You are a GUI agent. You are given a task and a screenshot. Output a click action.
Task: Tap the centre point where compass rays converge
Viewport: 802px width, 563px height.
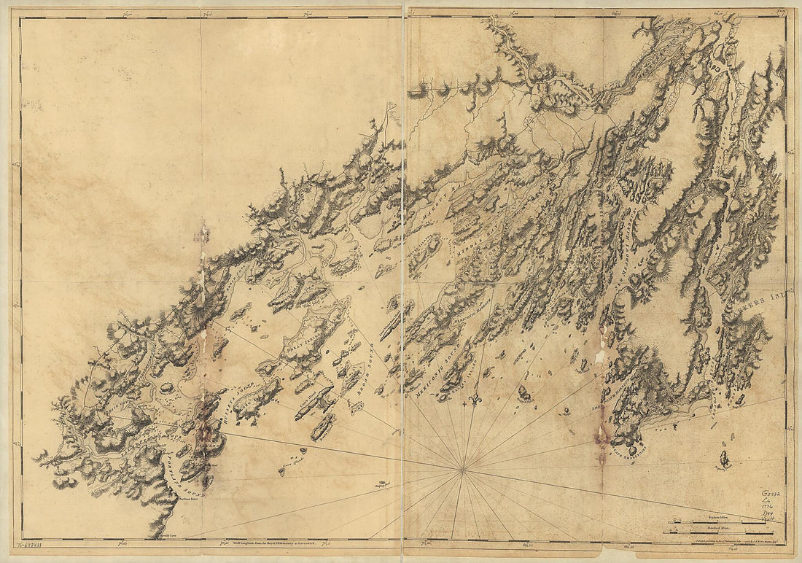tap(462, 470)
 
